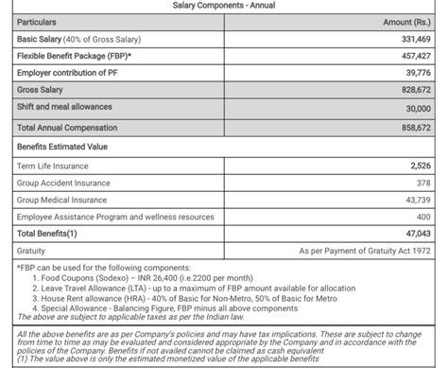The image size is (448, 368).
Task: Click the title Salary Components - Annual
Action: [223, 6]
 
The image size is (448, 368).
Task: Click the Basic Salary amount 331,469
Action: [413, 39]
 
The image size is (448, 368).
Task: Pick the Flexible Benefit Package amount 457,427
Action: [413, 56]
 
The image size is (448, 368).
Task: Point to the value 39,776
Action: [416, 73]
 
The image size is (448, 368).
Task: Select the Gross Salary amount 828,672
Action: [413, 90]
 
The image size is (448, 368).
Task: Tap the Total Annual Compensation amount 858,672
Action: [413, 127]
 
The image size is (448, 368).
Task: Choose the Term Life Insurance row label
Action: [56, 166]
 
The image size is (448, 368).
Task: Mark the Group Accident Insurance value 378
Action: [422, 183]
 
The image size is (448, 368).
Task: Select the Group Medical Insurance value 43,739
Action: [416, 200]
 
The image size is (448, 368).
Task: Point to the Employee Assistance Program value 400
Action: [422, 217]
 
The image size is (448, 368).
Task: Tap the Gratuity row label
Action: [31, 252]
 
